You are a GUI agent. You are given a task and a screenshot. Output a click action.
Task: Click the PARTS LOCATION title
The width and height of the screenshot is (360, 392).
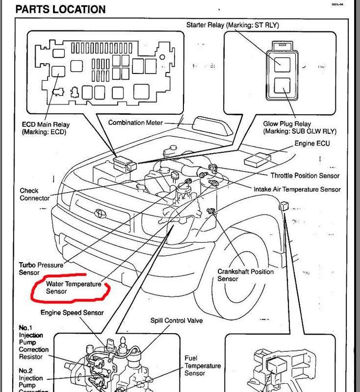coord(60,9)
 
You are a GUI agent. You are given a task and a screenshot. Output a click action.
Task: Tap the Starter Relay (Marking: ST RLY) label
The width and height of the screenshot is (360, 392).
coord(232,25)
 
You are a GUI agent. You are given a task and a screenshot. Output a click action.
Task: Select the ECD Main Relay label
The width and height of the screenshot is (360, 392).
coord(46,128)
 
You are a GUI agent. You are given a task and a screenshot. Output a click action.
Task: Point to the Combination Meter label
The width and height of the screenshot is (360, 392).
coord(135,122)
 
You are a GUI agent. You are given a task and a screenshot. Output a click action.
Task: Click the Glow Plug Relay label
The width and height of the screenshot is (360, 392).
coord(300,127)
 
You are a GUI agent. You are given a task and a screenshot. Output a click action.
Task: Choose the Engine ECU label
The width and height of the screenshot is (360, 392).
coord(312,143)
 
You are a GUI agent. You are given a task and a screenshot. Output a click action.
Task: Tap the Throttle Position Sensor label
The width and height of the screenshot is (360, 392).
coord(305,175)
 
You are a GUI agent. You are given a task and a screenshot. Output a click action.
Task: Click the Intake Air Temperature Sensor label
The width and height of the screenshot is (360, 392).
coord(297,189)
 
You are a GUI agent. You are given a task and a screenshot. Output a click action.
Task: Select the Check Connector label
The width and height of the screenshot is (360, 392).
coord(34,194)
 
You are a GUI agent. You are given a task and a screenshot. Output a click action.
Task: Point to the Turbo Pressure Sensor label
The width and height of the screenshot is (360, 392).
coord(41,269)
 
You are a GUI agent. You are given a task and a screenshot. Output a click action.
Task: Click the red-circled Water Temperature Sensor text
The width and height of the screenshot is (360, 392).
coord(74,288)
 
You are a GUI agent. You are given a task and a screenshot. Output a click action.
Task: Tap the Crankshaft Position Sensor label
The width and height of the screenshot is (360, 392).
coord(245,275)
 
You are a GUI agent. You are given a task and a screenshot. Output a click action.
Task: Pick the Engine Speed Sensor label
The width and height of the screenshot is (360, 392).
coord(72,313)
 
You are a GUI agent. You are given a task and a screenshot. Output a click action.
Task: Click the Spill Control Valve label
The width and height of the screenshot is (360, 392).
coord(177,320)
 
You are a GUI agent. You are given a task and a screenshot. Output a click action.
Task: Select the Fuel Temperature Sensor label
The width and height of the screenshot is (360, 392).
coord(203,366)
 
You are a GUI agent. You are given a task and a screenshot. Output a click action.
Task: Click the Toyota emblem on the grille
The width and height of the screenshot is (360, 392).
coord(101,213)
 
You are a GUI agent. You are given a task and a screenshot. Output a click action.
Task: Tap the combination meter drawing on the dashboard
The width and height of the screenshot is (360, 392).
coord(212,126)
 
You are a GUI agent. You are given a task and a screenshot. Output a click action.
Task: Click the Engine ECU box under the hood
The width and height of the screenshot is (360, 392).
coord(257,160)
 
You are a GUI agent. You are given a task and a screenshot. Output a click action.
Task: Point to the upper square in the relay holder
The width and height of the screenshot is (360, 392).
coord(282,65)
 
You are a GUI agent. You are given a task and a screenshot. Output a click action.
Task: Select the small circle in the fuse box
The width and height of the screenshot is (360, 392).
coord(162,57)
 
